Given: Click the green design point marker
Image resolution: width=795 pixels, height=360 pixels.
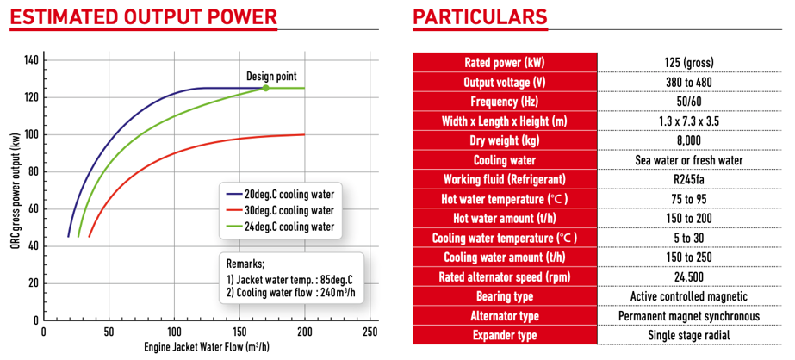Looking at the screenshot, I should point(265,88).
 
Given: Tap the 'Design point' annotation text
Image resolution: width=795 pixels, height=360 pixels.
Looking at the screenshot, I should point(271,76).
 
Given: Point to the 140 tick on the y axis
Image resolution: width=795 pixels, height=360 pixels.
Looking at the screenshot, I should point(31,60).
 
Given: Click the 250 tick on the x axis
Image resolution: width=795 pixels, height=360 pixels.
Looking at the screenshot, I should point(370,332).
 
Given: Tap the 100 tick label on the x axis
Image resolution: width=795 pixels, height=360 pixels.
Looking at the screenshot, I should point(174,332).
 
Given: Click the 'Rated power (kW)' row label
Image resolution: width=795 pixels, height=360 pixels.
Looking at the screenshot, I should point(505,62).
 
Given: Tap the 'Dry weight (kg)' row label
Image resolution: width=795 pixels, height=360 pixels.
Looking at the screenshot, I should point(505,140).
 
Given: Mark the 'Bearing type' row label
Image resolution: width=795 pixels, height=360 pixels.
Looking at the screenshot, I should point(505,296).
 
